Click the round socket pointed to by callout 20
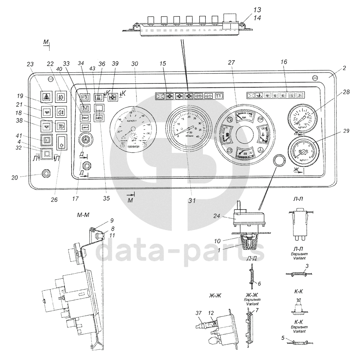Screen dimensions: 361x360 point(46,173)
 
